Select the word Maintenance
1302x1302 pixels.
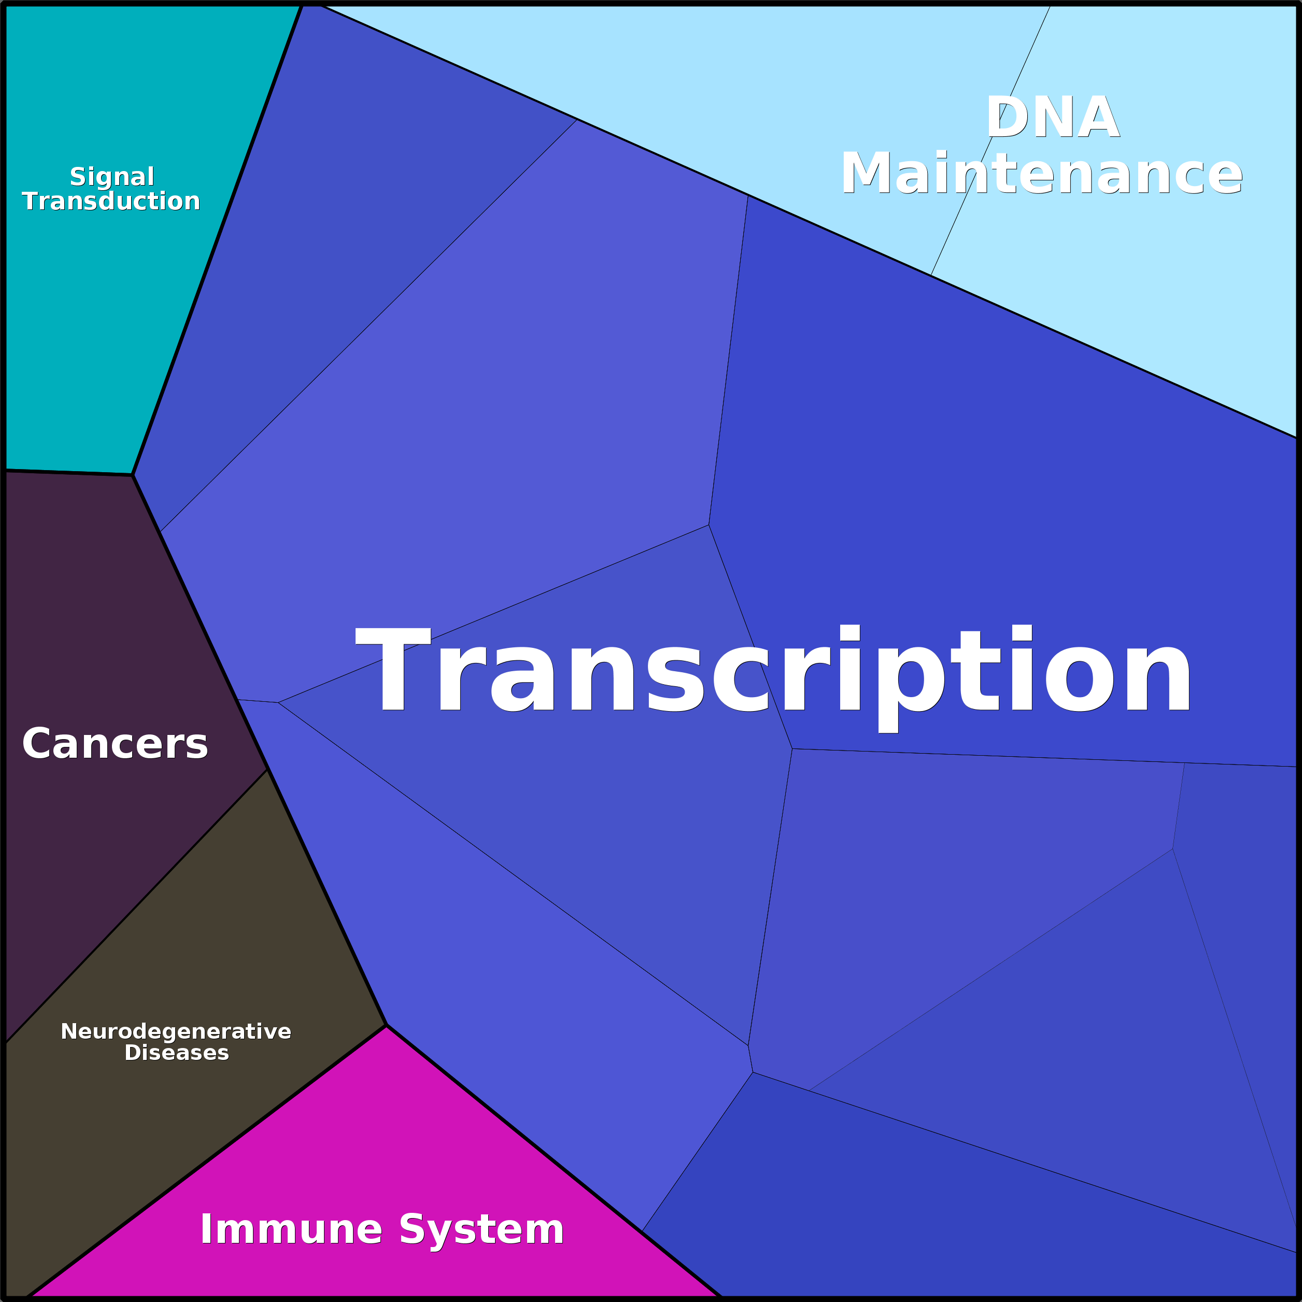pos(1041,174)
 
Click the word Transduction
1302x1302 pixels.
pos(111,201)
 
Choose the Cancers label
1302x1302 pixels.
pos(115,744)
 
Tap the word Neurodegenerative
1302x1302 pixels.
pos(176,1031)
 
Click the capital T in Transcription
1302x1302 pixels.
pos(393,668)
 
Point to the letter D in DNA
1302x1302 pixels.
pos(1008,117)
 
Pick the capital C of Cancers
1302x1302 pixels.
pos(38,744)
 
